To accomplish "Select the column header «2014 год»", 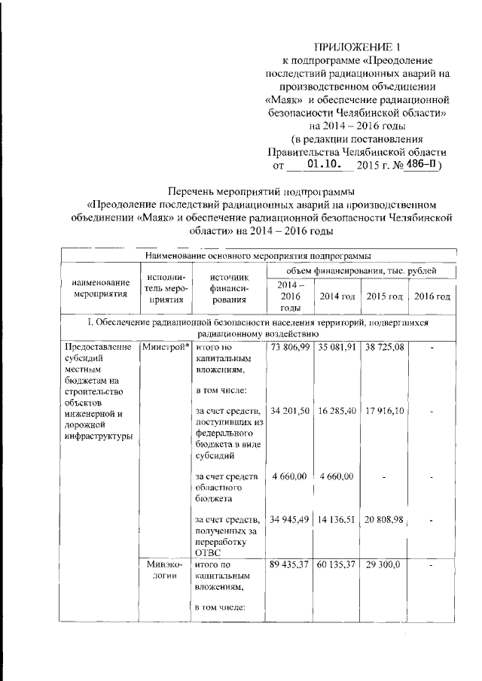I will [336, 296].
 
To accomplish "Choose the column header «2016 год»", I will [432, 296].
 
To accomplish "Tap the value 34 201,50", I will [289, 411].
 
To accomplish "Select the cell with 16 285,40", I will [337, 411].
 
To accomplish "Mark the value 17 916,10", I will [384, 411].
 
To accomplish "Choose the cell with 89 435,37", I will [289, 564].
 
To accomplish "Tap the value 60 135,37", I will [337, 564].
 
